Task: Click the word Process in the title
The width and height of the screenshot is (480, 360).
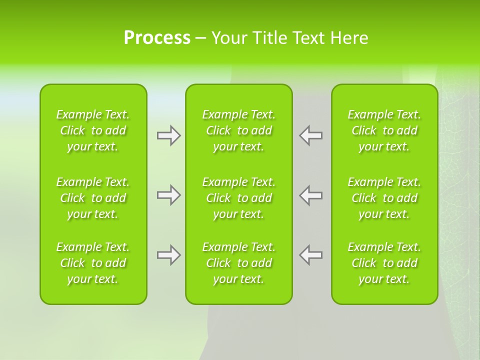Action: point(157,38)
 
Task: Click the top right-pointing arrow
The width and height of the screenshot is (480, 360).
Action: point(168,135)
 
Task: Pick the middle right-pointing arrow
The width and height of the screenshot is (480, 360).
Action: point(168,195)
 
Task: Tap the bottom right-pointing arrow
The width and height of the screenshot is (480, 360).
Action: point(168,255)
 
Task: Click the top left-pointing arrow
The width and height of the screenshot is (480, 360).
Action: point(311,135)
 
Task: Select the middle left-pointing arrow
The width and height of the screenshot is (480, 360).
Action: point(311,195)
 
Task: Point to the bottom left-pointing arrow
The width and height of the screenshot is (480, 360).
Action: point(311,255)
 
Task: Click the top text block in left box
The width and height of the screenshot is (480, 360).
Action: point(93,130)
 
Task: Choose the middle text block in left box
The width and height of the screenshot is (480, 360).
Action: point(93,198)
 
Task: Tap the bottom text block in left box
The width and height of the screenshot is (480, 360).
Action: point(93,263)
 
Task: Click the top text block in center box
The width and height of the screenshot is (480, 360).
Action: point(239,130)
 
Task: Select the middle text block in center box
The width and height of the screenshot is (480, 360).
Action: point(239,198)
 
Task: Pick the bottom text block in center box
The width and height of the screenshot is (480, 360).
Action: point(239,263)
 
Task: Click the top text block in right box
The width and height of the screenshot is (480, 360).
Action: point(384,130)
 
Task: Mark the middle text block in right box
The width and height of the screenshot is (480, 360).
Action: point(384,198)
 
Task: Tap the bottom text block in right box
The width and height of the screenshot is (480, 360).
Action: point(384,263)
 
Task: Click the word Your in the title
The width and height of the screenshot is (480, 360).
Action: point(229,38)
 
